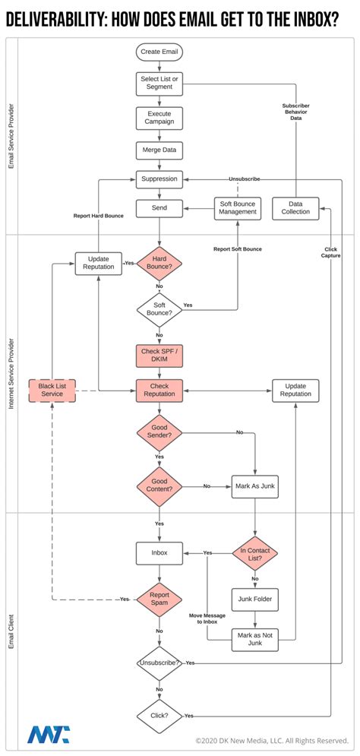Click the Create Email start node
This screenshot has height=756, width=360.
coord(159,52)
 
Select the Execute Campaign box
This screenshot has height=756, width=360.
coord(159,117)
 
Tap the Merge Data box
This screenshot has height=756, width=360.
coord(159,150)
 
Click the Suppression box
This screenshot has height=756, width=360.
coord(159,180)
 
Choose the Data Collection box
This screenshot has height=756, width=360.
coord(295,208)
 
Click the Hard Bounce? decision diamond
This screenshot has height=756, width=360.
coord(159,264)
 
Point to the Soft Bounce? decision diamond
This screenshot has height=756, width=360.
coord(159,308)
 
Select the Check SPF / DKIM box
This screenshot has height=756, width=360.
coord(159,356)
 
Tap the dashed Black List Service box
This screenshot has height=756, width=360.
coord(52,391)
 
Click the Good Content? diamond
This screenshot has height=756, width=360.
coord(159,486)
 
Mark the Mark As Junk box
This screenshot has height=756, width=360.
coord(255,486)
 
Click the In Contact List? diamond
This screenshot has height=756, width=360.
coord(255,554)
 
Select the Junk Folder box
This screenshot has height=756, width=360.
coord(255,599)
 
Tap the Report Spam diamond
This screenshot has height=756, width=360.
coord(159,599)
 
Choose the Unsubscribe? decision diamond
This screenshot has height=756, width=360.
coord(159,663)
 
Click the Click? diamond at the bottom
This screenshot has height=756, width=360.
coord(159,716)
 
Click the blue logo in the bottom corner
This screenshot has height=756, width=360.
coord(48,735)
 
